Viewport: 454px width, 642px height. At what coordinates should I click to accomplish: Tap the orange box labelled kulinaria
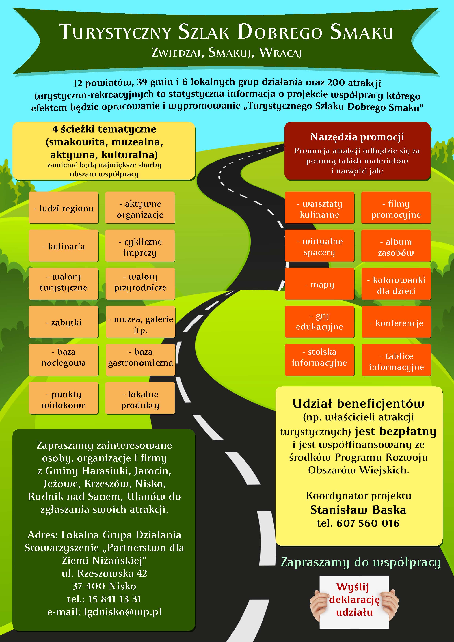click(64, 246)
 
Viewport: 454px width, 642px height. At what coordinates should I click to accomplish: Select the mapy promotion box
click(319, 284)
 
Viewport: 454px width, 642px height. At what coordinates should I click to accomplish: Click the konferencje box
click(396, 323)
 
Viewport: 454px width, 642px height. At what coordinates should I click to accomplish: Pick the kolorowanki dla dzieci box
click(396, 285)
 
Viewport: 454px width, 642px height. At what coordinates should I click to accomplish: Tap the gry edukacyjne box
click(319, 321)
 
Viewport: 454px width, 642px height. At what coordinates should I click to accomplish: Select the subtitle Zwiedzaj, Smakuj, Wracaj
click(227, 52)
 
